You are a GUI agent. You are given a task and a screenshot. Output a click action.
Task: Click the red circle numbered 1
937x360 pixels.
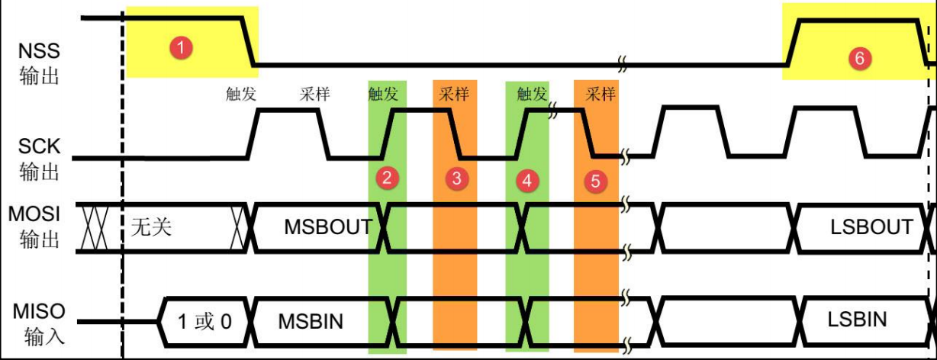[x=180, y=48]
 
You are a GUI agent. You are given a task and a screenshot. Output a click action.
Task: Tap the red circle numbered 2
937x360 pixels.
[x=387, y=178]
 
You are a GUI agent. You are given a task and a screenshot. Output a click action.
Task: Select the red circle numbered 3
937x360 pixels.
[x=456, y=179]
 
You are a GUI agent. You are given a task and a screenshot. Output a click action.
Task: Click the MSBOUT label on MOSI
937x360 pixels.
[x=328, y=227]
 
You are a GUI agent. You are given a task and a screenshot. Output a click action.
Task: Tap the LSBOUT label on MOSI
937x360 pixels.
[x=872, y=227]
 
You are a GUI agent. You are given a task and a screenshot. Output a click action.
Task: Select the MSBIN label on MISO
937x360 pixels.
[x=311, y=320]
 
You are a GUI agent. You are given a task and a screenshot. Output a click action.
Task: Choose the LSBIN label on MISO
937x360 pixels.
[x=857, y=319]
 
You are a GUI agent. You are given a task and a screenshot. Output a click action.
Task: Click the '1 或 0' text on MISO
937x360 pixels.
[x=204, y=320]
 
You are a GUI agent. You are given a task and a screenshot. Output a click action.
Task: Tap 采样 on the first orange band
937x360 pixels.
[x=455, y=95]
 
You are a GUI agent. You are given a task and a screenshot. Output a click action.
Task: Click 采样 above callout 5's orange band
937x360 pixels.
[x=600, y=95]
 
